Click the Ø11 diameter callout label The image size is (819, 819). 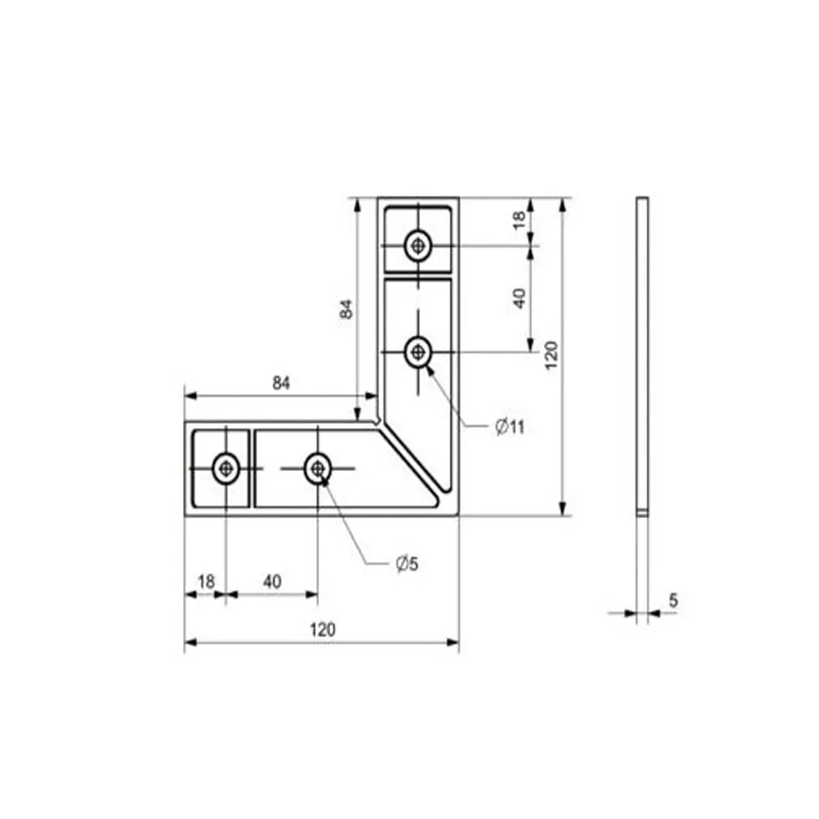[510, 427]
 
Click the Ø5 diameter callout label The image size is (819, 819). [407, 564]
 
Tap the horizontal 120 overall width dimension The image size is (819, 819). [323, 629]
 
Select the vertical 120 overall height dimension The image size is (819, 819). [551, 356]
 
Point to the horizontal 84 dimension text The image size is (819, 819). [281, 384]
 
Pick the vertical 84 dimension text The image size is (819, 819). [347, 309]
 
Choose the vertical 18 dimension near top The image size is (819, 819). [519, 220]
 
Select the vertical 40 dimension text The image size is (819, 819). [519, 298]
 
